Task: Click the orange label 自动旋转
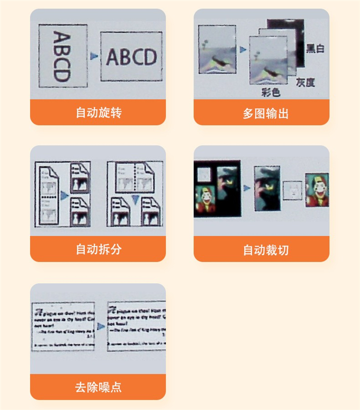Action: point(98,113)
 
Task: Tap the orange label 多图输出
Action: point(262,113)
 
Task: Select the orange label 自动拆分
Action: point(98,249)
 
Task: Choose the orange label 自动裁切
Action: point(262,250)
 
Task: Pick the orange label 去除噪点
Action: point(98,387)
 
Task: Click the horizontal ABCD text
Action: point(131,57)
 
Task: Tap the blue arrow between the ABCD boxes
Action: point(94,57)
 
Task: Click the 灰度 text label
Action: point(305,82)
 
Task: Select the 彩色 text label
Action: point(270,91)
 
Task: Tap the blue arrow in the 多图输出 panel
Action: point(242,49)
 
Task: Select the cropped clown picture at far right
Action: point(317,190)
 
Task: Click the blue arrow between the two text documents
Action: point(101,326)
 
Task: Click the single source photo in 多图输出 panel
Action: point(217,49)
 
